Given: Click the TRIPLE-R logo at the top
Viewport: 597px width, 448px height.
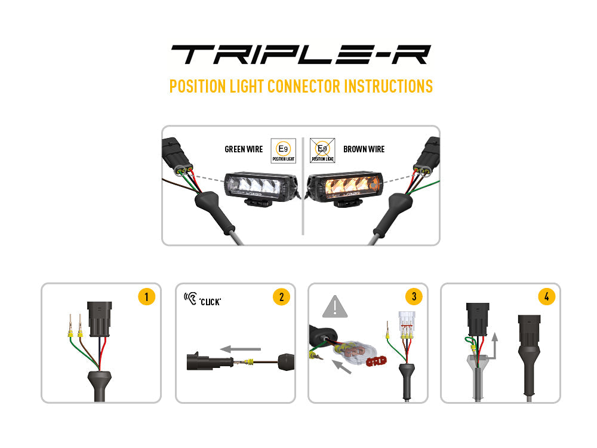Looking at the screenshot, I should (x=300, y=54).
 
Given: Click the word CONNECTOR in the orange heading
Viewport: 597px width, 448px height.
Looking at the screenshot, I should (x=304, y=86).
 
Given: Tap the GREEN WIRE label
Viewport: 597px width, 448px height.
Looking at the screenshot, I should (x=244, y=149).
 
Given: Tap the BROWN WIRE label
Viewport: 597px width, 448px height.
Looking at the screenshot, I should (x=364, y=149).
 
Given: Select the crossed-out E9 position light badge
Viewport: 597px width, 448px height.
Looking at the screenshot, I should (x=322, y=150).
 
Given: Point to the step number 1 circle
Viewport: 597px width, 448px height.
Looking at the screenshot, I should (x=146, y=297).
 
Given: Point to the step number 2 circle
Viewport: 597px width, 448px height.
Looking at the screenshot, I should (x=281, y=297).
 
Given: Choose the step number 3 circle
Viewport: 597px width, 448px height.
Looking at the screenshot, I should (x=413, y=297).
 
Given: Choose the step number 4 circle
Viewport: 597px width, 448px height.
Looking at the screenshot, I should (x=546, y=297).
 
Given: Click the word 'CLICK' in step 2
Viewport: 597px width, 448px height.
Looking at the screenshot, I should (x=211, y=302).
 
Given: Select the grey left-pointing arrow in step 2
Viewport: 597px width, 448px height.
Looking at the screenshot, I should (x=240, y=348).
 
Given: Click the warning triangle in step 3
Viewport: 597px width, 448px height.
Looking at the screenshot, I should (x=335, y=306).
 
